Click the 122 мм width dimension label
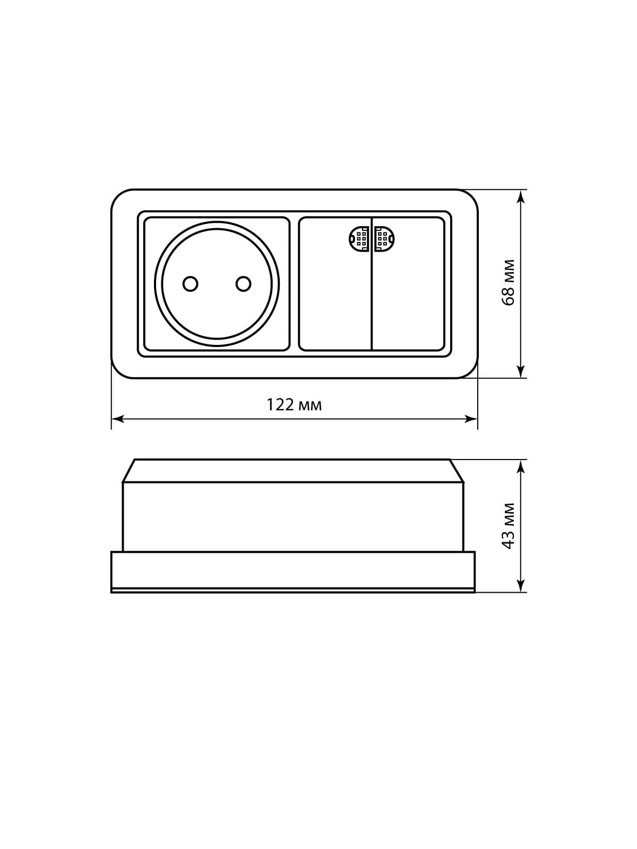pos(294,405)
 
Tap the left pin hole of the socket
pos(190,284)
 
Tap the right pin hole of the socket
pos(243,284)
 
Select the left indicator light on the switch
pos(359,239)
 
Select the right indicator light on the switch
pos(384,239)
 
